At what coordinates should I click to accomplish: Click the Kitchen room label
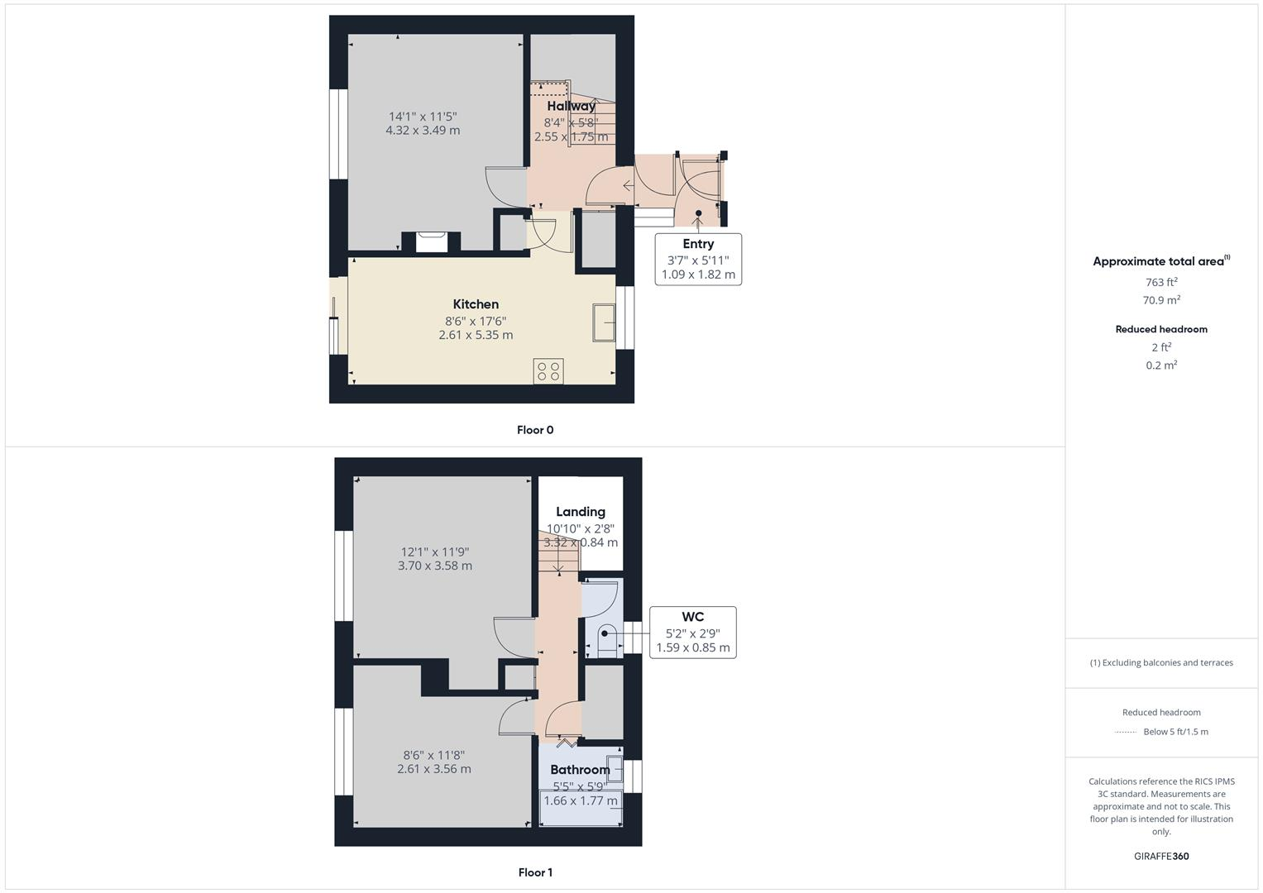(x=476, y=304)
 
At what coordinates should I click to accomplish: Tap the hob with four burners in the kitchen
(x=548, y=370)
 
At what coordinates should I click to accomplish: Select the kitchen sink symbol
(x=604, y=322)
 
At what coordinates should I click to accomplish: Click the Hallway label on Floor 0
(x=571, y=106)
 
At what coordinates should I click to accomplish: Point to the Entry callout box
(x=698, y=259)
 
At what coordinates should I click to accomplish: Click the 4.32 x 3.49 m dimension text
(x=423, y=130)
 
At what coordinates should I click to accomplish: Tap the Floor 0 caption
(x=535, y=430)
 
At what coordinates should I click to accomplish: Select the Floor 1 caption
(x=535, y=872)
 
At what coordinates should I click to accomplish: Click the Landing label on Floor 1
(x=581, y=512)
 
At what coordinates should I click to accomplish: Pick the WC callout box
(x=692, y=633)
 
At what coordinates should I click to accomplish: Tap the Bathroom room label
(x=580, y=770)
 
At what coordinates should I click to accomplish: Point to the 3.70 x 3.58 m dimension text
(x=435, y=566)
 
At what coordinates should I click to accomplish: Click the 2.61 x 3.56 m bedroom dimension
(x=434, y=769)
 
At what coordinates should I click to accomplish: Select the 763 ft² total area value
(x=1161, y=282)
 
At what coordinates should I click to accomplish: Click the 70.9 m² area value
(x=1161, y=300)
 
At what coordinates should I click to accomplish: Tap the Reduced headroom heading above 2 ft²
(x=1161, y=329)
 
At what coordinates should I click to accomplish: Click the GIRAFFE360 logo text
(x=1161, y=857)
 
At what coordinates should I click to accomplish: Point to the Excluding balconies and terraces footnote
(x=1161, y=662)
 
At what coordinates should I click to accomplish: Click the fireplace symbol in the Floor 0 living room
(x=431, y=241)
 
